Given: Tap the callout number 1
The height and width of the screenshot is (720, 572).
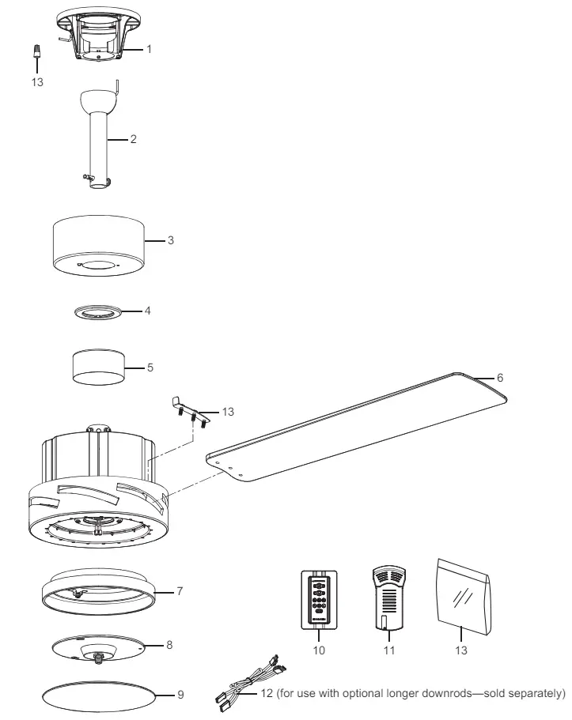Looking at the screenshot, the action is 149,49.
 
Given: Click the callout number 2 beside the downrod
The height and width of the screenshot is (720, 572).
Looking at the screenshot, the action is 134,138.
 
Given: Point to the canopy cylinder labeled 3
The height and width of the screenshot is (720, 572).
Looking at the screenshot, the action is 99,246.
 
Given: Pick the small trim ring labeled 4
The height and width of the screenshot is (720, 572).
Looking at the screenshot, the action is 99,312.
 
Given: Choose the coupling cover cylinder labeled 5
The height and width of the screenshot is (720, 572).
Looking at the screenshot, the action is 98,368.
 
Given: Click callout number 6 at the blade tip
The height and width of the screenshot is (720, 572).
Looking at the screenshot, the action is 500,378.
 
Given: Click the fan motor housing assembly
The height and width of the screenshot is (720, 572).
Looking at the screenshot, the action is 99,487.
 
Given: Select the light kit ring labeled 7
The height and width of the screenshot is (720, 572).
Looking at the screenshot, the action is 99,592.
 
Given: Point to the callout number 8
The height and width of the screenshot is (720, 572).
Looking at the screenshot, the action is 169,645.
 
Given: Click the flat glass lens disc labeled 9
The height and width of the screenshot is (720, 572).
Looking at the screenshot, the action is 99,697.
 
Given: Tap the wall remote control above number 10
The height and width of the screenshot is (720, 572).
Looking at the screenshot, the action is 319,600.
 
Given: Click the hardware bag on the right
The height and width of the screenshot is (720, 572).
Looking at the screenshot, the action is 464,596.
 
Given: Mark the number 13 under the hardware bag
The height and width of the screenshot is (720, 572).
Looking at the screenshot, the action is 460,650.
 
